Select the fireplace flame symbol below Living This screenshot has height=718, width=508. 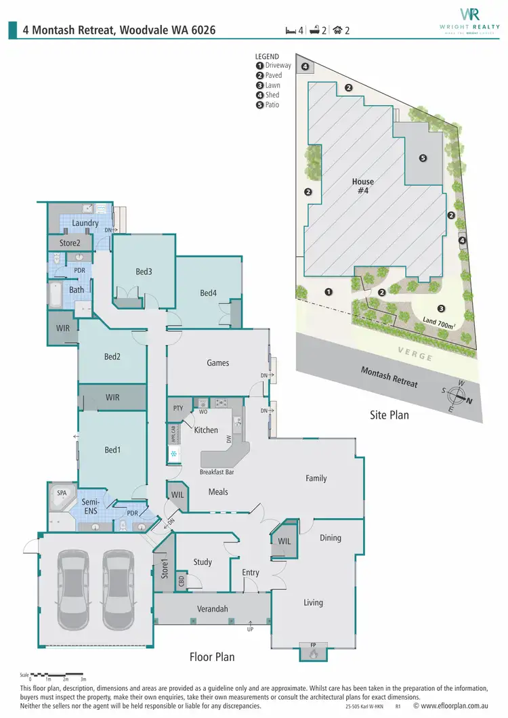click(x=313, y=654)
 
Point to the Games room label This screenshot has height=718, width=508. click(x=217, y=362)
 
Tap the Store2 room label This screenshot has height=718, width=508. click(x=70, y=242)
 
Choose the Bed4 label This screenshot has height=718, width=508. click(x=209, y=293)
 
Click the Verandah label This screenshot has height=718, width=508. click(x=213, y=609)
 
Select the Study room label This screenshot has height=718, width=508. click(x=203, y=562)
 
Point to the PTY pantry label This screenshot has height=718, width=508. click(x=178, y=408)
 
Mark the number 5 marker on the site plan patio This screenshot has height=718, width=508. click(x=423, y=159)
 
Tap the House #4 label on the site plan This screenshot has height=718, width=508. click(x=363, y=186)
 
